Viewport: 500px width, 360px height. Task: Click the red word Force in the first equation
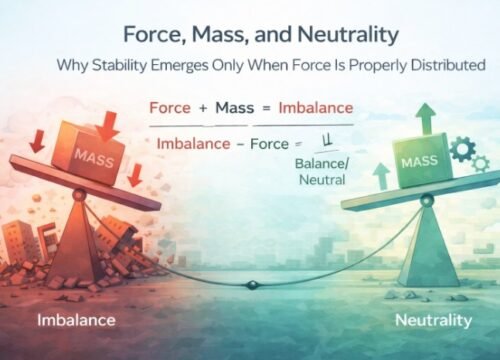coord(170,107)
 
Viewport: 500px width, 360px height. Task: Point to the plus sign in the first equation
coord(204,108)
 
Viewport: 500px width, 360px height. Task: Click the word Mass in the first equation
coord(236,107)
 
